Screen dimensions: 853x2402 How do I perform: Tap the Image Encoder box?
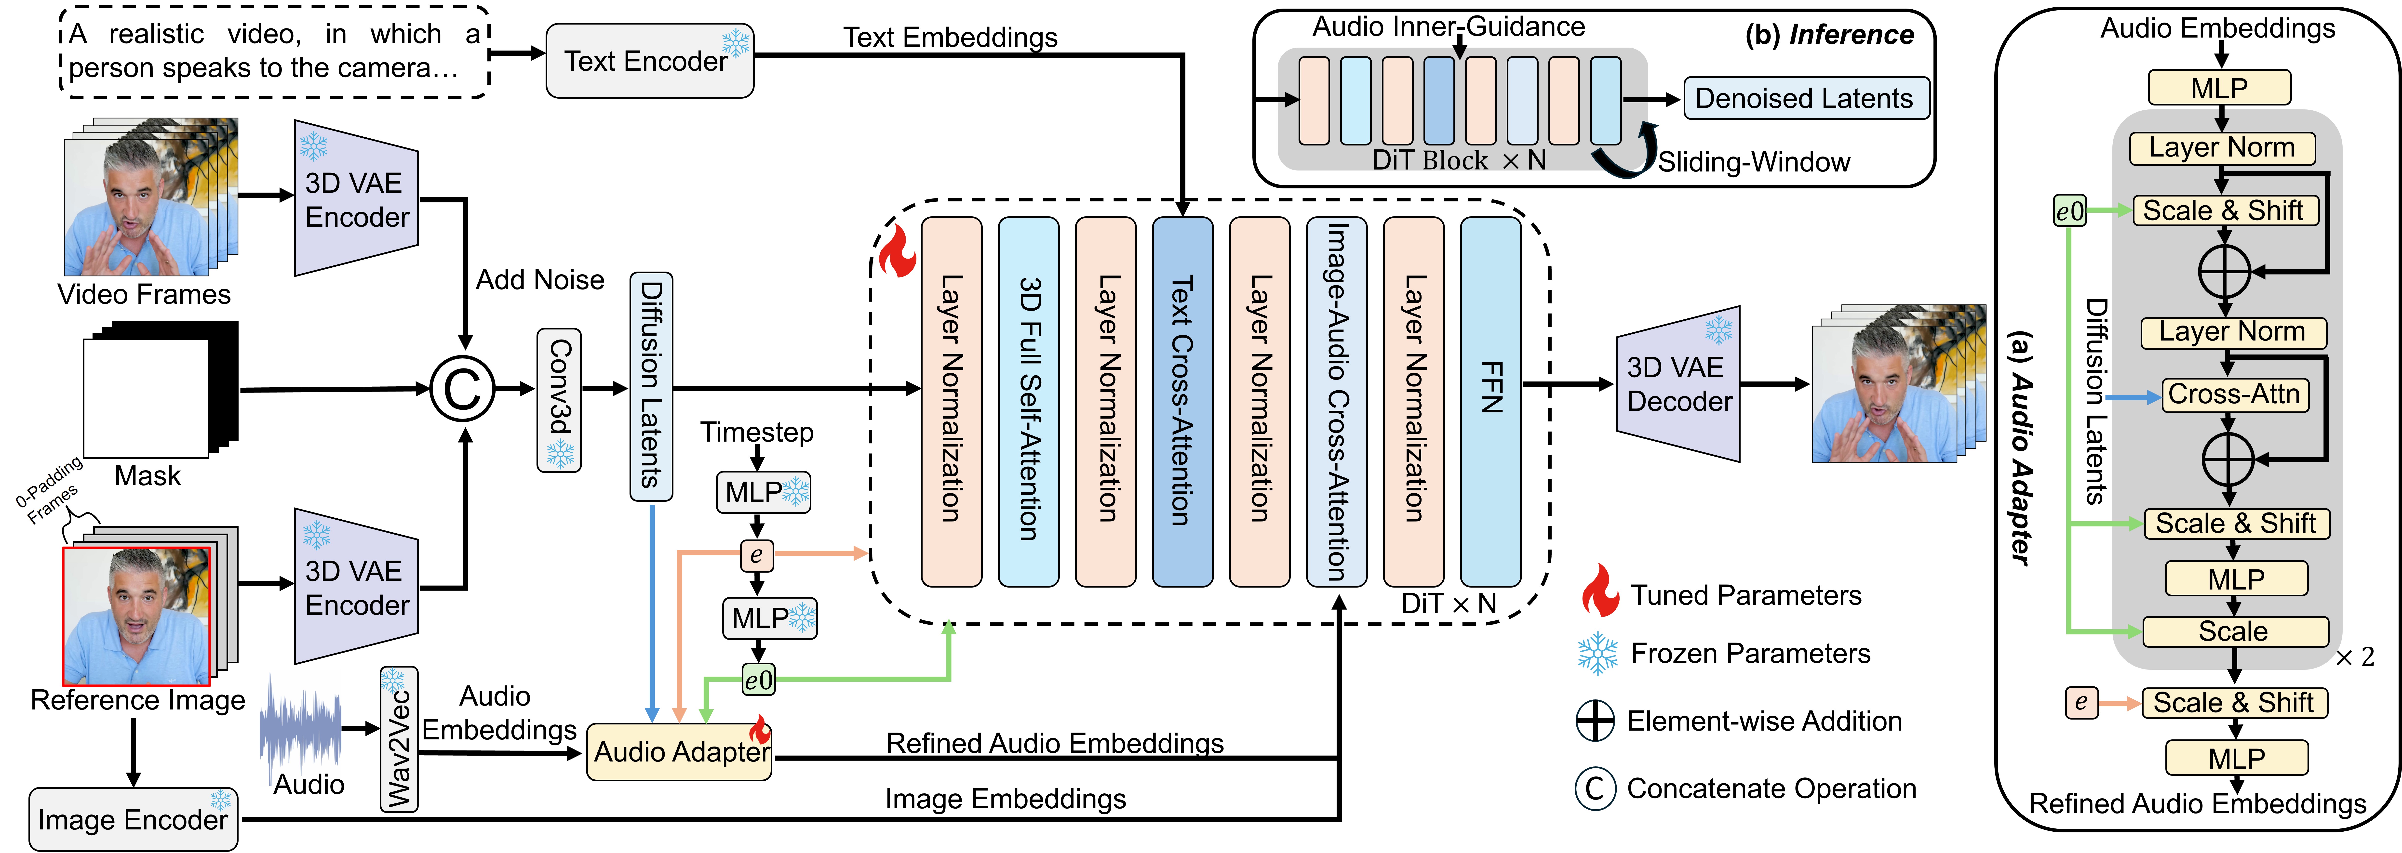click(x=133, y=819)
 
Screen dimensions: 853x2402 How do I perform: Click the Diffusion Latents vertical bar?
click(x=651, y=386)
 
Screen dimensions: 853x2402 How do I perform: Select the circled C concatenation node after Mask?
click(x=462, y=389)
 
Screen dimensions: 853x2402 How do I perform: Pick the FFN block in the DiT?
click(x=1490, y=401)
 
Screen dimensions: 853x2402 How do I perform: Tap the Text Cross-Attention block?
click(x=1182, y=401)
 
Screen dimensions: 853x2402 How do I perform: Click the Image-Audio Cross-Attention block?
click(x=1336, y=401)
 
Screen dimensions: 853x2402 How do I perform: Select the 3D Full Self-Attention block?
click(x=1029, y=401)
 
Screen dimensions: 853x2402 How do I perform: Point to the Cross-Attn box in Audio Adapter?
click(x=2234, y=394)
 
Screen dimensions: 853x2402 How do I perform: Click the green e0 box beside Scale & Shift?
click(x=2069, y=212)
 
